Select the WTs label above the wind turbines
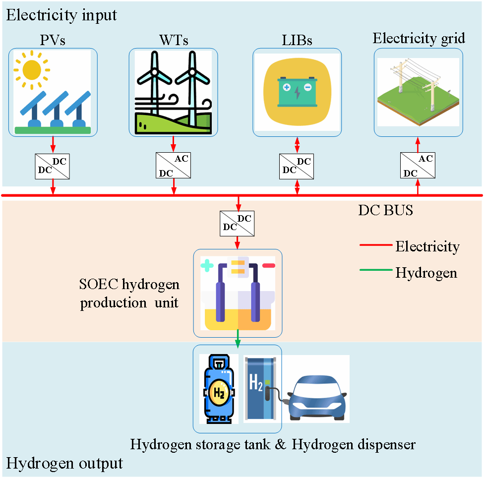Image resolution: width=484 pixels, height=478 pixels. pos(173,40)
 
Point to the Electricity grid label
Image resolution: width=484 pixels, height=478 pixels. pos(419,38)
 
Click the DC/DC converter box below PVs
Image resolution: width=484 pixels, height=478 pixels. pos(53,166)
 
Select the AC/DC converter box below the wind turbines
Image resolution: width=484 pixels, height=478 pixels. pos(173,166)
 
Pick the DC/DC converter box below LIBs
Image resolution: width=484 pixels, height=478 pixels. pos(297,166)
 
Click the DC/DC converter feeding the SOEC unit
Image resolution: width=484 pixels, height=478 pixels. pos(239,222)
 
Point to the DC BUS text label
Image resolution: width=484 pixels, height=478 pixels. pos(385,210)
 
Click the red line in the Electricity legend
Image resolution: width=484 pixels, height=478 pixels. pos(375,246)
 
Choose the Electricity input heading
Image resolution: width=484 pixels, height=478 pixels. pos(61,14)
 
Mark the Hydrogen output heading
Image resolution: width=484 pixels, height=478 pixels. pos(64,463)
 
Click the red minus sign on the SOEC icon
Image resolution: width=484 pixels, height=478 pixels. pos(268,266)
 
